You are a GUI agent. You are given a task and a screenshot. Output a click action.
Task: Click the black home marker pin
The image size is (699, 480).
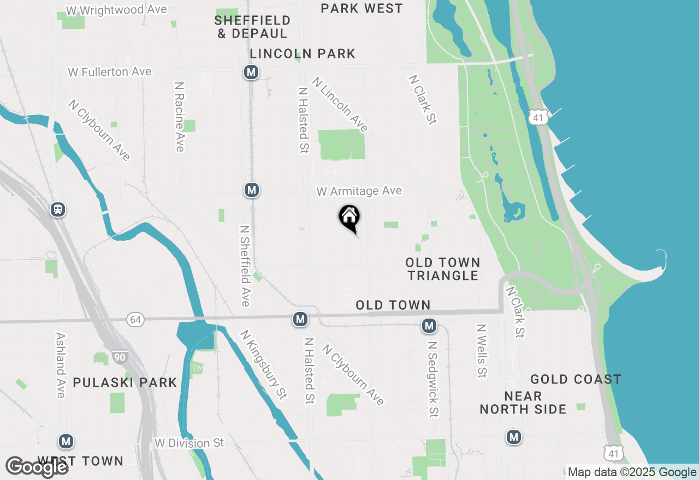click(349, 218)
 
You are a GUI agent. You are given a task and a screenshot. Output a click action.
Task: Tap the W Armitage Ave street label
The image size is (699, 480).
click(359, 191)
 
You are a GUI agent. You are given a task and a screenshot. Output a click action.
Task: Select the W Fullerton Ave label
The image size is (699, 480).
click(110, 72)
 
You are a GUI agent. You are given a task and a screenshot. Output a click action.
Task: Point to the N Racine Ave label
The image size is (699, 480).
click(179, 117)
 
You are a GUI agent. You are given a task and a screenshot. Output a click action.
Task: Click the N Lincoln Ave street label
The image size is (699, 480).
click(340, 105)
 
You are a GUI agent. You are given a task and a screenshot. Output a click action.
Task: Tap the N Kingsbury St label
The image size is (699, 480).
click(263, 364)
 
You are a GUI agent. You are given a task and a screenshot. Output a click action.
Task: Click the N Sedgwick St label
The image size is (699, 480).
click(433, 379)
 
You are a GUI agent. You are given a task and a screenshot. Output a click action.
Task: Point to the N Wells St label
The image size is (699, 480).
click(481, 351)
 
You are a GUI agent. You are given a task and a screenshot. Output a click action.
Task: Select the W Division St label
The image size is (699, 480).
click(189, 443)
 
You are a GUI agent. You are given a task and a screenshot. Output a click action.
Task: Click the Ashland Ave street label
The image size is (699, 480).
click(61, 365)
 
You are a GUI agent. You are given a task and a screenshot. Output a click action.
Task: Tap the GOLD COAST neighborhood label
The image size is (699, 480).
click(576, 379)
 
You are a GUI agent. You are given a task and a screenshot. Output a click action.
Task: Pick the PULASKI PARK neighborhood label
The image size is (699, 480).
click(125, 382)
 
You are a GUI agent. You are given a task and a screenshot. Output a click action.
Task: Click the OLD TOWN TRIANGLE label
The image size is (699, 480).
click(443, 269)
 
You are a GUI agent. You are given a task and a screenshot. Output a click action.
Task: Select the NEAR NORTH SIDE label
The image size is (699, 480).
click(523, 403)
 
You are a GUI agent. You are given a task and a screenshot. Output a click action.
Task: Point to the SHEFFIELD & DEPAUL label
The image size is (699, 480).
click(252, 27)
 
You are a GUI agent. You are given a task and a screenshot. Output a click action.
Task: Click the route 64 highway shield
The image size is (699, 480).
click(135, 320)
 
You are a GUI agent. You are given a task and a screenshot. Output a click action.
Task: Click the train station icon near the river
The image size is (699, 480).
click(57, 209)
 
